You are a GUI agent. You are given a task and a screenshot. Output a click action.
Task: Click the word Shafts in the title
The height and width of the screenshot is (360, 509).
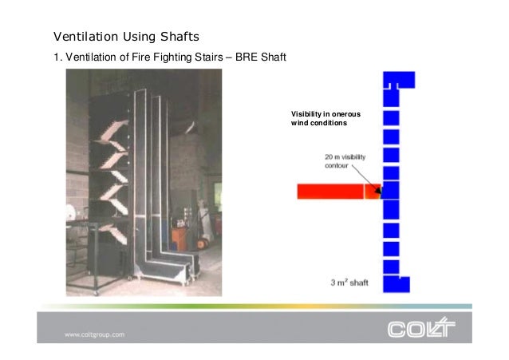176,37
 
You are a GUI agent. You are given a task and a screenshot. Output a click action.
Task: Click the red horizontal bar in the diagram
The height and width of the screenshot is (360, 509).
330,192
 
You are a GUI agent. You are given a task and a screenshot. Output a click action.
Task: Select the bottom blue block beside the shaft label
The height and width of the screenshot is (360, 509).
397,284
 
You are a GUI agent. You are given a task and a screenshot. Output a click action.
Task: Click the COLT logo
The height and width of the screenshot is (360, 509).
420,327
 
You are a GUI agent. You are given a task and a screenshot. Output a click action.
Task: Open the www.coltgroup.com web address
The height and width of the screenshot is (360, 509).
95,334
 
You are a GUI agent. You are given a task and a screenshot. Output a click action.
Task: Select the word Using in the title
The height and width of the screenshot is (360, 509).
135,37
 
